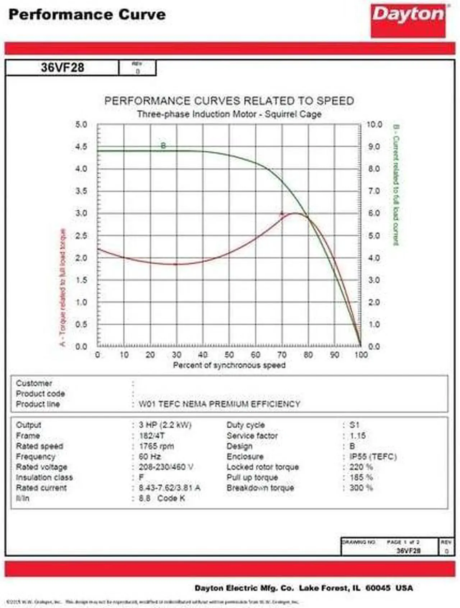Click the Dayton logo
coord(408,20)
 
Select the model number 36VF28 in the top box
coord(63,68)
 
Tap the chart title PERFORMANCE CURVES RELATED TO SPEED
coord(229,101)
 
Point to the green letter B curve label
coord(163,146)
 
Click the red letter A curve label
coord(282,213)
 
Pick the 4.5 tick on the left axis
coord(81,147)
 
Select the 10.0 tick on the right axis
coord(374,125)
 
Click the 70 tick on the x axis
coord(282,355)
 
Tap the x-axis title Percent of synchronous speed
coord(229,365)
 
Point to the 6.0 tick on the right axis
coord(374,213)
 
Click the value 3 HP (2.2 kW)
coord(165,425)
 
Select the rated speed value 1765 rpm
coord(156,446)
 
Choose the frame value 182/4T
coord(152,436)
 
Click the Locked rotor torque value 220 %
coord(361,467)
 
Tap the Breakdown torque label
coord(260,488)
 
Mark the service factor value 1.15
coord(358,436)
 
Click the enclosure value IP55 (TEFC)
coord(373,456)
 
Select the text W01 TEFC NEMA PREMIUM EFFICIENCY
coord(219,404)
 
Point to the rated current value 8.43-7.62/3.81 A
coord(169,488)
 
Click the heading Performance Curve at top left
coord(87,15)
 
